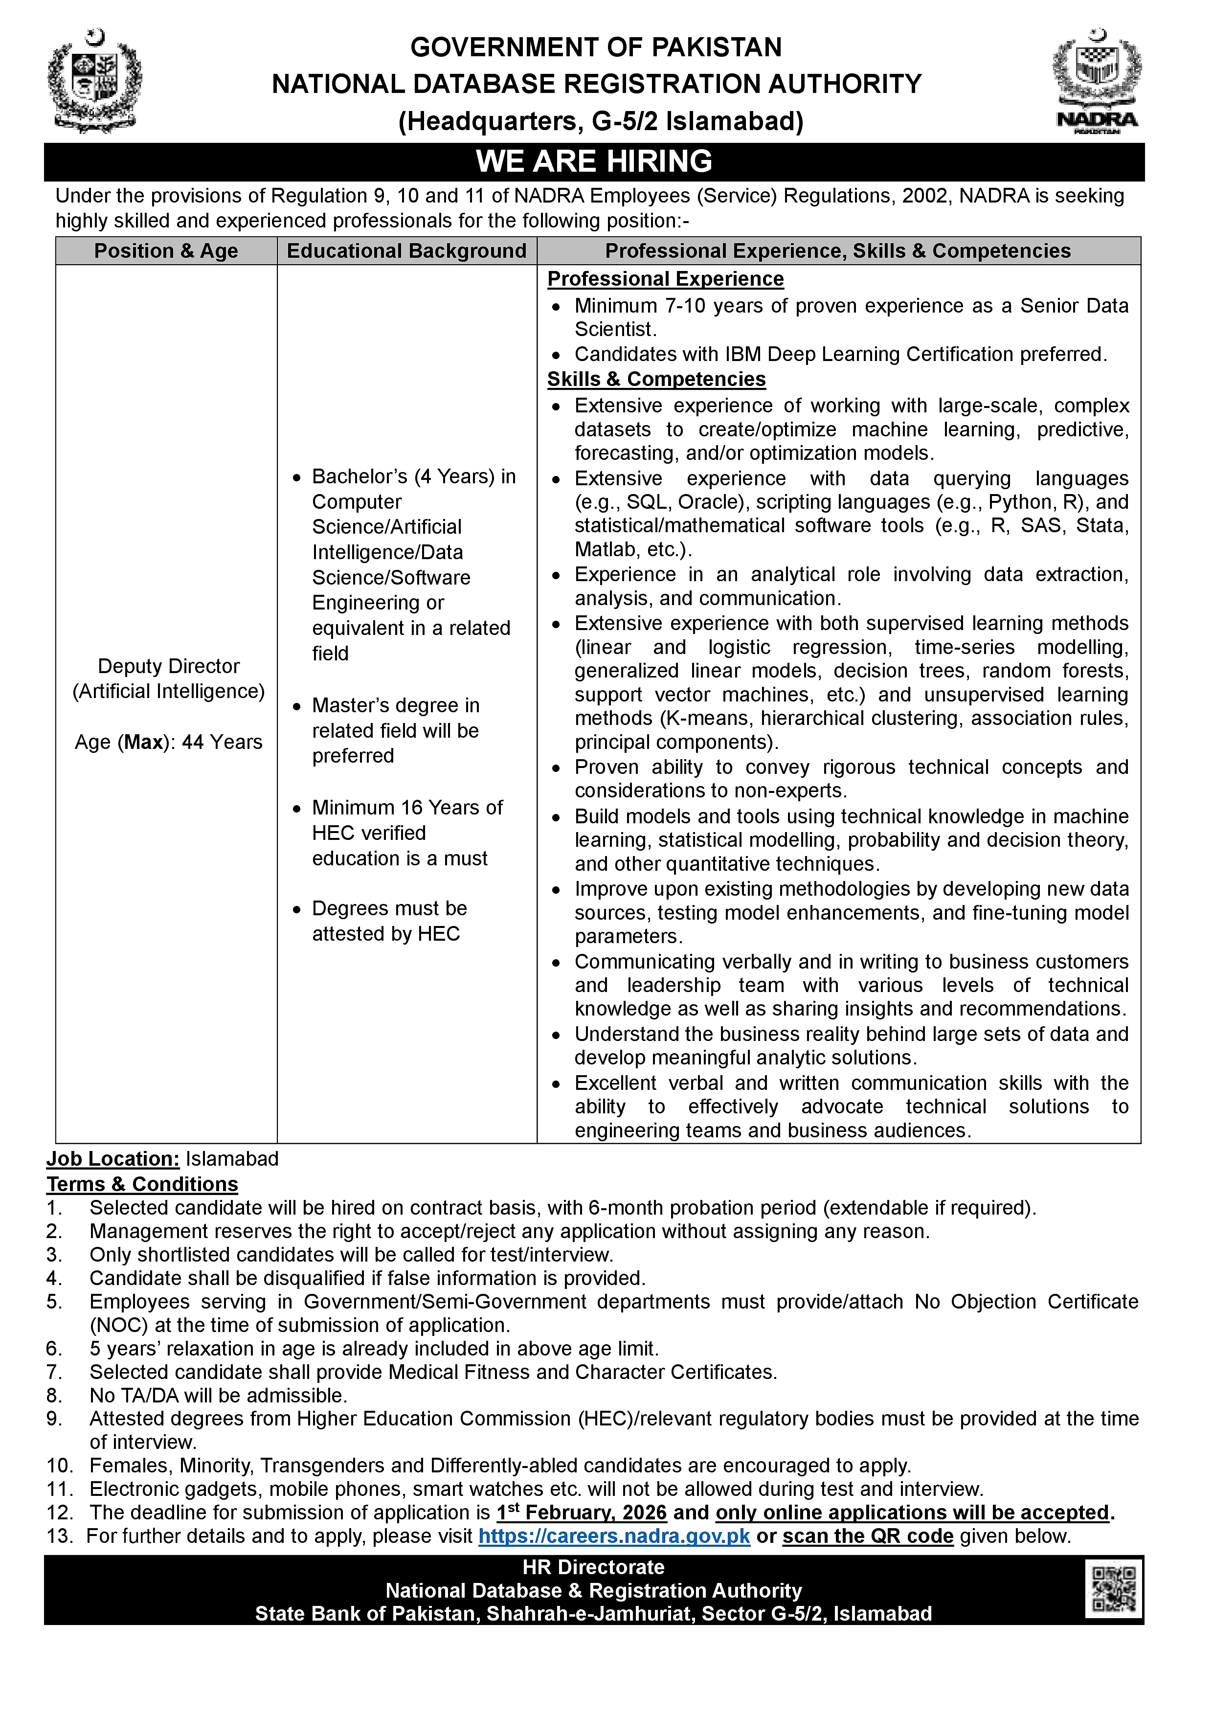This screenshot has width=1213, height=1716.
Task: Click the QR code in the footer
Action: (x=1114, y=1590)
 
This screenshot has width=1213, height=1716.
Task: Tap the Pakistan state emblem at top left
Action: (x=94, y=81)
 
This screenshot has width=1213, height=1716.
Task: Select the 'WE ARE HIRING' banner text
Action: (x=594, y=161)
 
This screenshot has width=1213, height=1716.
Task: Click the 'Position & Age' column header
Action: (x=166, y=251)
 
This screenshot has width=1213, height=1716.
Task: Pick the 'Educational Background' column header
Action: (x=406, y=251)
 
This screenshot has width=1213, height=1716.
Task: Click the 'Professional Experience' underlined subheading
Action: (x=665, y=279)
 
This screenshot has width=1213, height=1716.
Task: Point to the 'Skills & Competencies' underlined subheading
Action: (x=656, y=379)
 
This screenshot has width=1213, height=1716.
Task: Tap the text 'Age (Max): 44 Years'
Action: (x=169, y=742)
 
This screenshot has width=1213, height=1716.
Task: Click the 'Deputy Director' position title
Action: (x=169, y=666)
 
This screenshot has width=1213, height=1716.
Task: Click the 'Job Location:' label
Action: (x=113, y=1159)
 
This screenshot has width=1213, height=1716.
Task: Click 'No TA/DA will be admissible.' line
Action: (x=218, y=1396)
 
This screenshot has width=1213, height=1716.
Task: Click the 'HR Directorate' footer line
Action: (x=593, y=1567)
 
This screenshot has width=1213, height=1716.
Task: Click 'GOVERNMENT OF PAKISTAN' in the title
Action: (x=596, y=47)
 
